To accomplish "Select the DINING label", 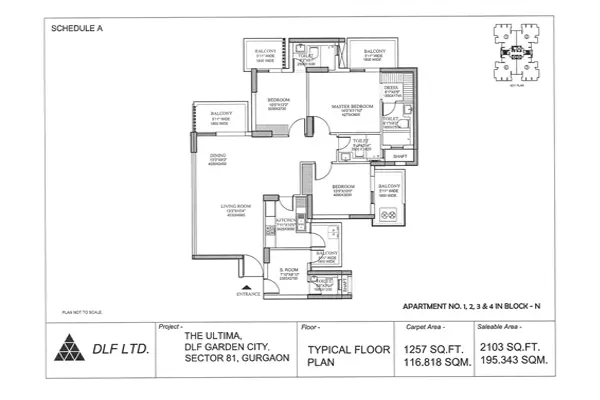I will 217,155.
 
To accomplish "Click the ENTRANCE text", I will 249,295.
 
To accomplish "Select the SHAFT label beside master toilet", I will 398,156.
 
